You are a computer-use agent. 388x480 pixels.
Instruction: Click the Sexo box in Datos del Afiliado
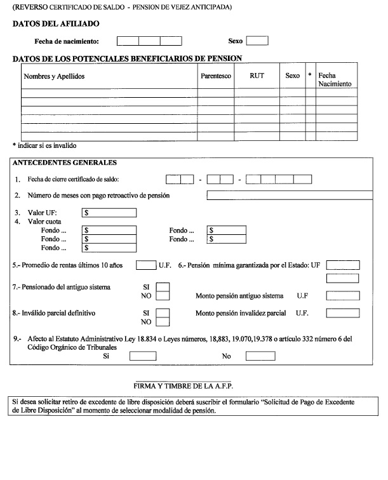click(257, 41)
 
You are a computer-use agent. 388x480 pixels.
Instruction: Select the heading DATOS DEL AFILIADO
click(56, 24)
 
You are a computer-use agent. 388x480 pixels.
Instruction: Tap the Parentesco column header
click(215, 76)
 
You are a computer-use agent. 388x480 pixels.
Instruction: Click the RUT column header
click(257, 76)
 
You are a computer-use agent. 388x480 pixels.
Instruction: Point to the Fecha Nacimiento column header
click(335, 79)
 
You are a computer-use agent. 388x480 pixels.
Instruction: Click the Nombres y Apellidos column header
click(54, 76)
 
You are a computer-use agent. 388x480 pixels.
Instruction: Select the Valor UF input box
click(110, 214)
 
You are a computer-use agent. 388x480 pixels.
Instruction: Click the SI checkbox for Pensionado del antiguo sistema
click(163, 287)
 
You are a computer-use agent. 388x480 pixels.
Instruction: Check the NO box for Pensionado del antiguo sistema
click(163, 296)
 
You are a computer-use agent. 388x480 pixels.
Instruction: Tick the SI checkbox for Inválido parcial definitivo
click(163, 312)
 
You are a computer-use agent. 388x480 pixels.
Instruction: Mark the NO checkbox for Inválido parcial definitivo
click(163, 322)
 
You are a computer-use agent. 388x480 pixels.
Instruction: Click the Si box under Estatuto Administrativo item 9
click(142, 356)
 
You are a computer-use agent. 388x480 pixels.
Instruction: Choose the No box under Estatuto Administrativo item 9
click(260, 356)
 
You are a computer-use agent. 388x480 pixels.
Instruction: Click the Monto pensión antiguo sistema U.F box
click(342, 296)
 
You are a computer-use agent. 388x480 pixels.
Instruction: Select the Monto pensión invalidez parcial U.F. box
click(342, 313)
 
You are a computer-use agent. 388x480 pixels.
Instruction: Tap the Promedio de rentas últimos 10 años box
click(146, 265)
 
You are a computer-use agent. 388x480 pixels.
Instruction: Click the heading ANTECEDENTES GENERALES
click(56, 163)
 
